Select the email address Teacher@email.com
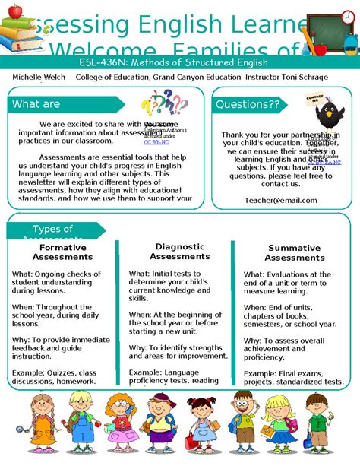[x=280, y=200]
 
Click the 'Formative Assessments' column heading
[x=63, y=252]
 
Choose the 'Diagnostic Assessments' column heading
[x=179, y=251]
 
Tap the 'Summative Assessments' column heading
[x=295, y=252]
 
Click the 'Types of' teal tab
[x=53, y=230]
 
